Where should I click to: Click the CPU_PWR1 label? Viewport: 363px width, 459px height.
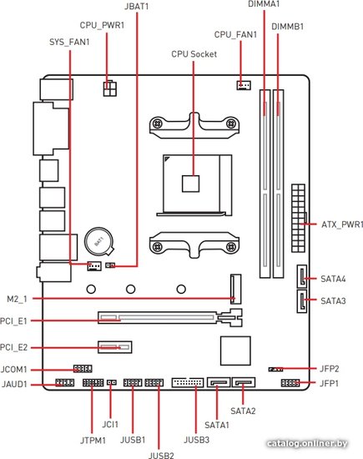click(x=102, y=26)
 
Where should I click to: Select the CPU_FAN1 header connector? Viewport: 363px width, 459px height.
click(x=244, y=85)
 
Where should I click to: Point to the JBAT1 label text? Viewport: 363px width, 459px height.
click(x=136, y=7)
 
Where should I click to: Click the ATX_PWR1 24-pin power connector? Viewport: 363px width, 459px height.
click(x=298, y=219)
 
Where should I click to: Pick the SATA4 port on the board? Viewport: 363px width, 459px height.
click(x=302, y=276)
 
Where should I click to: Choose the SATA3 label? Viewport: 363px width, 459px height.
click(x=333, y=301)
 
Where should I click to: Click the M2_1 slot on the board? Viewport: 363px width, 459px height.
click(x=236, y=289)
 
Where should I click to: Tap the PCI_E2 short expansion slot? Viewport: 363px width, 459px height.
click(x=115, y=347)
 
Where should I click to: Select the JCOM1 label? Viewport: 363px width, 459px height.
click(x=13, y=370)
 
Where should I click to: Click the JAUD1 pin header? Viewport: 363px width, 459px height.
click(x=65, y=382)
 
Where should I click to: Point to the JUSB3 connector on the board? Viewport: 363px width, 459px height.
click(x=188, y=382)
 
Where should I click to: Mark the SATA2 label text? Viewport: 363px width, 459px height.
click(x=243, y=411)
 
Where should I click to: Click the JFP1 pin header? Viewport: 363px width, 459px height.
click(x=290, y=382)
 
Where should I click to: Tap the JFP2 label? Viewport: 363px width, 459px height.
click(x=329, y=369)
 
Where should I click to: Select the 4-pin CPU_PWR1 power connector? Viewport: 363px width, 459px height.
click(x=110, y=88)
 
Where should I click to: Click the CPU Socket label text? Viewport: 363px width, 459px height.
click(x=194, y=54)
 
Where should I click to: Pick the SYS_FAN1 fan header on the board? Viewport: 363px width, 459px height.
click(x=94, y=265)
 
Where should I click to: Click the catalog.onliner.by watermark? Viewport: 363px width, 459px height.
click(x=307, y=443)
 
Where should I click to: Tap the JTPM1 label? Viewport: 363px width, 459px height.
click(x=93, y=441)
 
